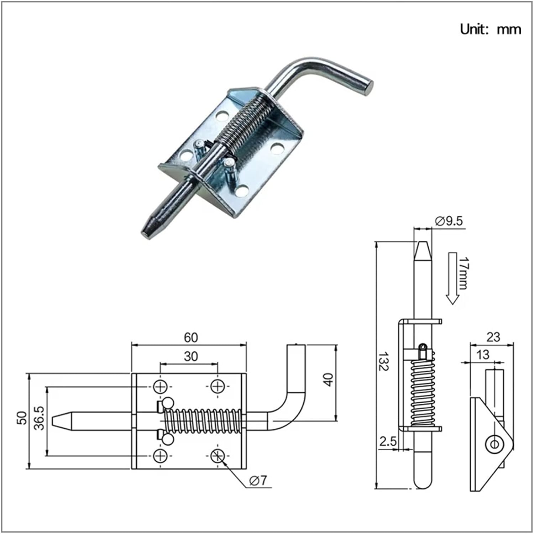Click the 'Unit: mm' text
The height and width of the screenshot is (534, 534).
(490, 29)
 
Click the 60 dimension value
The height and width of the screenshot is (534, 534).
(191, 337)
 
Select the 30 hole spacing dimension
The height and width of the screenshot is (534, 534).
(191, 356)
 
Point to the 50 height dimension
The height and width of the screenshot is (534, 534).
(22, 418)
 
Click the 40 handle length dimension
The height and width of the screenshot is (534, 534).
(328, 379)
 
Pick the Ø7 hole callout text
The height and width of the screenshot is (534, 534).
(258, 481)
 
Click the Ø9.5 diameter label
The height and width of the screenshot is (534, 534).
(449, 221)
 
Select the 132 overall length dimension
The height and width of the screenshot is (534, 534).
(383, 362)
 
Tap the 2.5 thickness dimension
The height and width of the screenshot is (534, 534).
(388, 441)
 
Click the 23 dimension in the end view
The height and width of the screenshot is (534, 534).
(493, 337)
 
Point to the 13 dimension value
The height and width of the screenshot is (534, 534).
(482, 355)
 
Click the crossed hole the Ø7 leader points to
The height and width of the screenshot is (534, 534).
(217, 455)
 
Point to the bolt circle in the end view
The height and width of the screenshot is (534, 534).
(494, 444)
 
